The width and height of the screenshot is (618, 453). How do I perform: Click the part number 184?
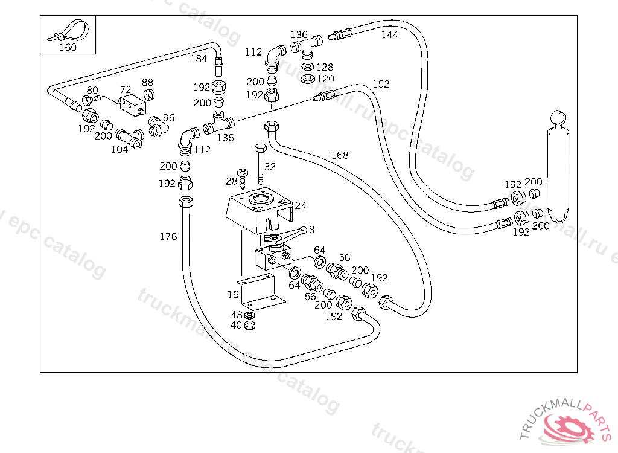(x=199, y=59)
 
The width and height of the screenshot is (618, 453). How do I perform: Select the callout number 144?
(x=389, y=35)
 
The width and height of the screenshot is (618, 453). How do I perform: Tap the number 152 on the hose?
(x=381, y=84)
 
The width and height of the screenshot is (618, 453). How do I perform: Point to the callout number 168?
(x=340, y=155)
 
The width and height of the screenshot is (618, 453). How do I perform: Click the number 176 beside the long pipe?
(x=168, y=236)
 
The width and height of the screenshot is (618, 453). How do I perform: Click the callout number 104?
(x=119, y=149)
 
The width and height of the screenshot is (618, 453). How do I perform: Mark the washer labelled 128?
(x=307, y=66)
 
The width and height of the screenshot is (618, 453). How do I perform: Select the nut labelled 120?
(x=307, y=78)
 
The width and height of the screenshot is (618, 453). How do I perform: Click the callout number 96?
(x=168, y=118)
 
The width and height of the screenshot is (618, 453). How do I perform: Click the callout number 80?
(x=92, y=91)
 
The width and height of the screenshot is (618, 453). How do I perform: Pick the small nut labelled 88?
(x=148, y=94)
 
